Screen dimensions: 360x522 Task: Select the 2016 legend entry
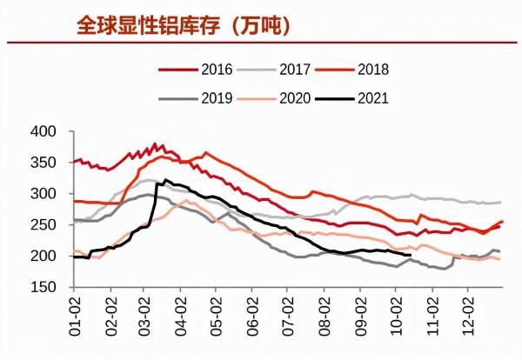pyautogui.click(x=203, y=69)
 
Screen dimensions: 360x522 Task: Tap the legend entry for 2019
pyautogui.click(x=203, y=98)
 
